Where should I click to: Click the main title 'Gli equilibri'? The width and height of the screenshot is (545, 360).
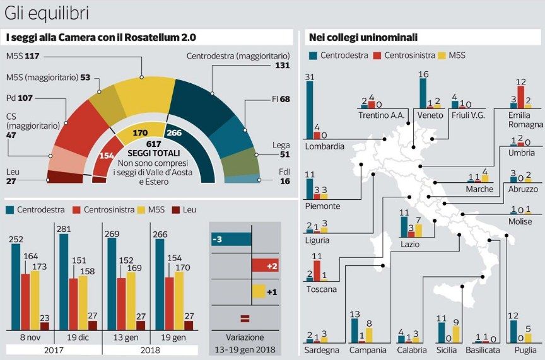tap(47, 13)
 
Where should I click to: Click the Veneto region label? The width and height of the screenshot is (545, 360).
tap(430, 115)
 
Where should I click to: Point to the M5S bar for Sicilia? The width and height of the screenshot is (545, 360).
tap(456, 334)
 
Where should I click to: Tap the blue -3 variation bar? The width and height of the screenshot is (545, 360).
tap(231, 240)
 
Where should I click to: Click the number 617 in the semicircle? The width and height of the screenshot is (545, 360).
tap(154, 144)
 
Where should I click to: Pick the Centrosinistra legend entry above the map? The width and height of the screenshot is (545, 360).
tap(404, 55)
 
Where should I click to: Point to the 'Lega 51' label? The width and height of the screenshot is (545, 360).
tap(281, 149)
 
